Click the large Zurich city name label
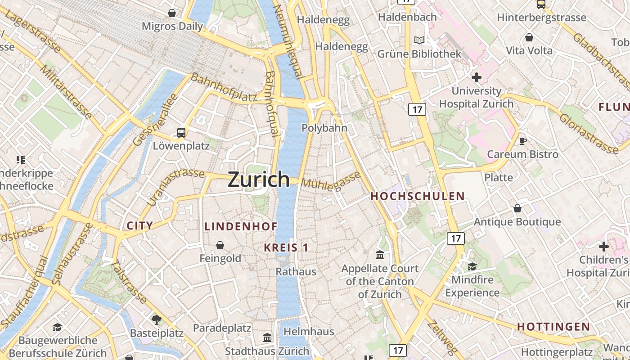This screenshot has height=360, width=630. [x=259, y=179]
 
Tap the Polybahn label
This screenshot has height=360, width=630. [x=324, y=128]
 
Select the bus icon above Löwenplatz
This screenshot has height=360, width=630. [x=181, y=133]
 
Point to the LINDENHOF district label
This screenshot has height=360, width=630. [x=241, y=226]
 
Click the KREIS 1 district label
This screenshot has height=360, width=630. [x=286, y=247]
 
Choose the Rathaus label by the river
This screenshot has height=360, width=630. [x=296, y=272]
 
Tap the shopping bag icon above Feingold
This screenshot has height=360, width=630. [x=220, y=245]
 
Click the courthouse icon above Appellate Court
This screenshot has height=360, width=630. [x=380, y=255]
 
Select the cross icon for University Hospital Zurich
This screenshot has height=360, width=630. [x=476, y=77]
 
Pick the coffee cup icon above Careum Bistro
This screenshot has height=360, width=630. [x=522, y=141]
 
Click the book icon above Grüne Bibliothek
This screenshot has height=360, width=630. [x=419, y=40]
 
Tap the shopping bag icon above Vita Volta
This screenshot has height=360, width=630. [x=529, y=37]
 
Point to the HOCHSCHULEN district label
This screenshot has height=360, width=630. [x=417, y=196]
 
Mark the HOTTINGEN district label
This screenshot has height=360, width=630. [x=553, y=327]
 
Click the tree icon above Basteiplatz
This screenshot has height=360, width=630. [x=157, y=320]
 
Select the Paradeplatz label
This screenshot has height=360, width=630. [x=222, y=328]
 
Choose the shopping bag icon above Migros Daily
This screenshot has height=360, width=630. [x=172, y=13]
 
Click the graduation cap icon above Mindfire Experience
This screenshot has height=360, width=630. [x=472, y=266]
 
